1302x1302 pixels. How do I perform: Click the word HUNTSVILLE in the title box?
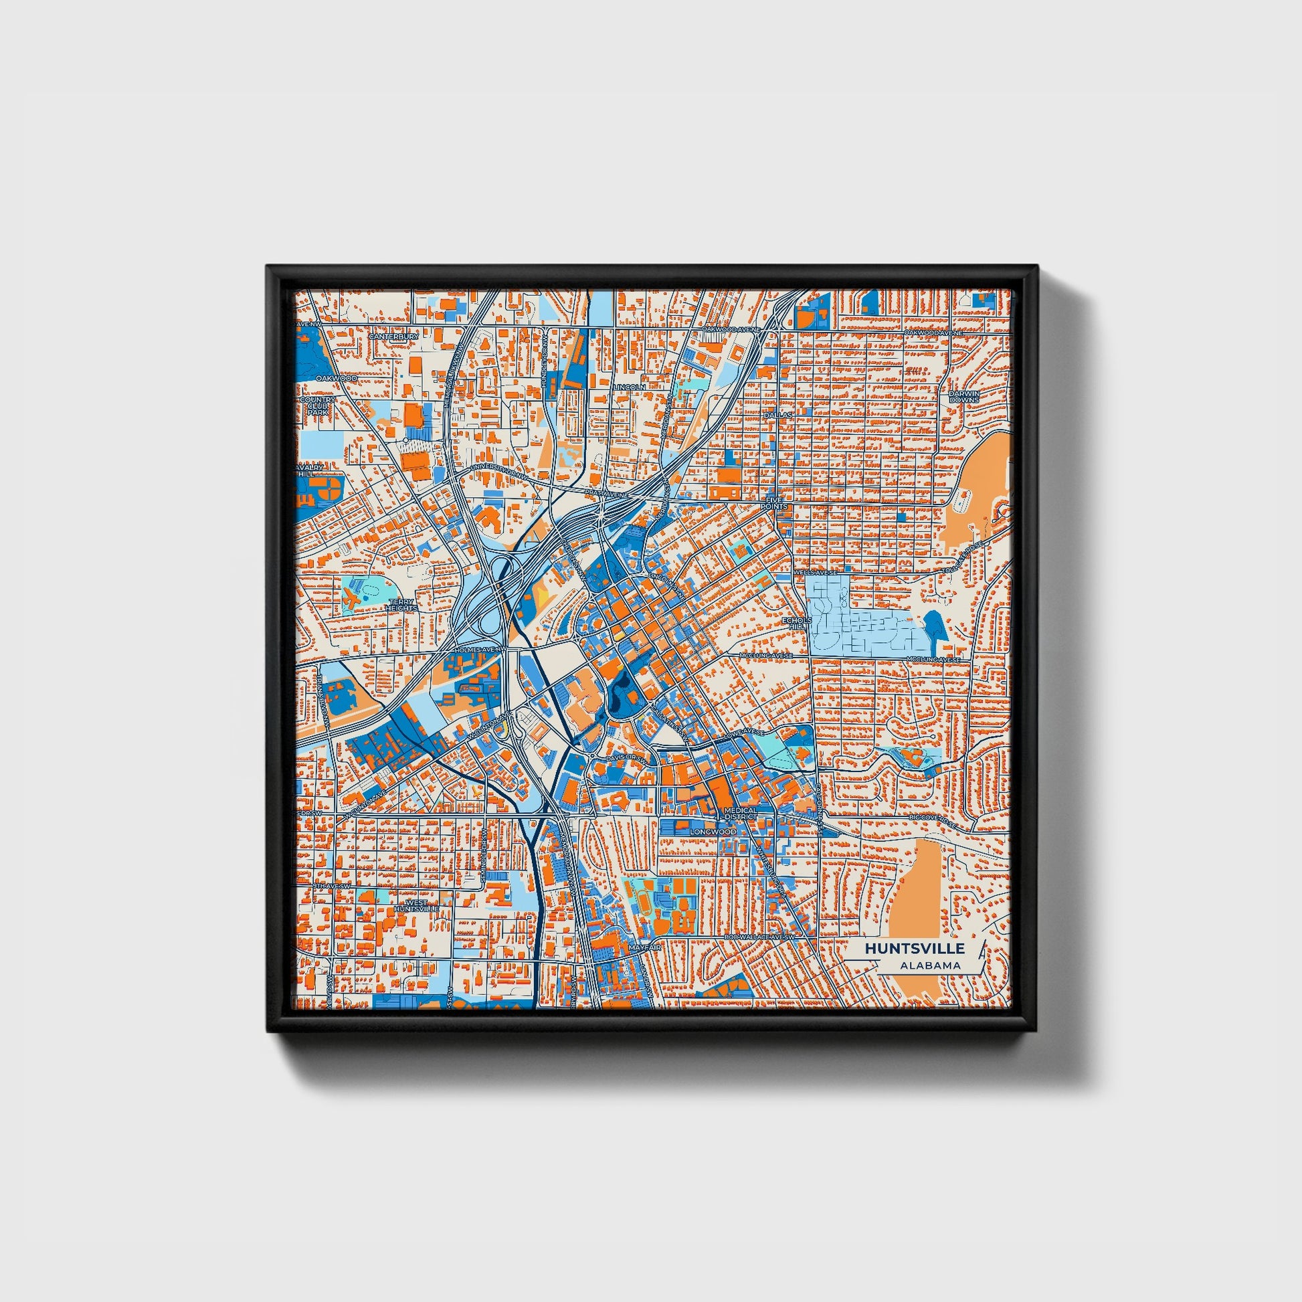915,948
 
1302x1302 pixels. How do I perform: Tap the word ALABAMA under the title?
929,965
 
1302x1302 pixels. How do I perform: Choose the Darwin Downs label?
964,396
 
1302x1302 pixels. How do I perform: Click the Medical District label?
741,814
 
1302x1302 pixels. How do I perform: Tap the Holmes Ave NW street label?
480,650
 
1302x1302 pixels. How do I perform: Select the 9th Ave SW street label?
333,886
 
